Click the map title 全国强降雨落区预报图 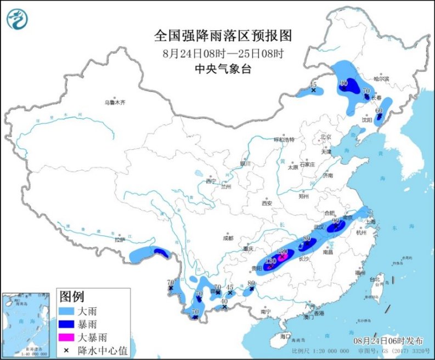coord(223,36)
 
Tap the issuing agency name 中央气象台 coord(223,69)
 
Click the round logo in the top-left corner coord(17,20)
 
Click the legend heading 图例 coord(72,297)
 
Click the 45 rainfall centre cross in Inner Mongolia coord(313,90)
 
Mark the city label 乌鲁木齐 coord(115,103)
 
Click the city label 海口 coord(284,335)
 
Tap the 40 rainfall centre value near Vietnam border coord(224,301)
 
